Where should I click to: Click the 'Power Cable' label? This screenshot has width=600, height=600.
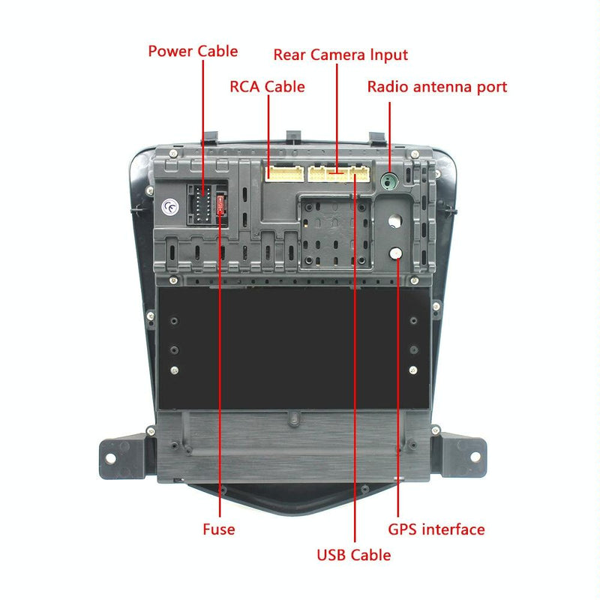[x=193, y=52]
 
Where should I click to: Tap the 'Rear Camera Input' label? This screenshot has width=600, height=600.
[x=340, y=55]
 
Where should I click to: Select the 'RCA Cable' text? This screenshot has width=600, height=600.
[x=267, y=87]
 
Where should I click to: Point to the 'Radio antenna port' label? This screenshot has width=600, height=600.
[x=436, y=87]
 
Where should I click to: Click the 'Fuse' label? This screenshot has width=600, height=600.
[x=219, y=529]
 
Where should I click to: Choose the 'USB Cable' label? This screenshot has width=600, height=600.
[x=353, y=555]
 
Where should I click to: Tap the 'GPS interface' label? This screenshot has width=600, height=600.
[x=436, y=529]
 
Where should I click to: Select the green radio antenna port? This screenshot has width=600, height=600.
[x=389, y=181]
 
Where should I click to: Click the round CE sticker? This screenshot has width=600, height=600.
[x=170, y=207]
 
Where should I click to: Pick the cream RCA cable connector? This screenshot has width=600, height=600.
[x=281, y=174]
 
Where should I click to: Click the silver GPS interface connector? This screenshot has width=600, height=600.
[x=395, y=253]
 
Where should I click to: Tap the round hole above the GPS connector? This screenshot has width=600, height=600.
[x=395, y=221]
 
